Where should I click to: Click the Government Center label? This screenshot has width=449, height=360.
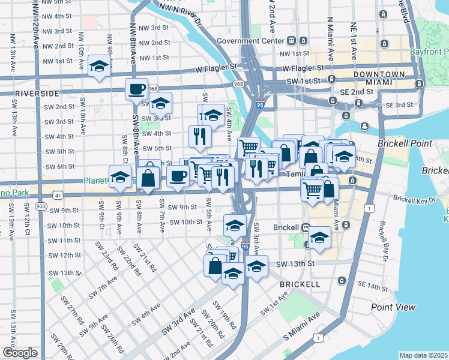click(250, 41)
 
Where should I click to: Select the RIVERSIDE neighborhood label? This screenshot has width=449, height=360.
click(37, 94)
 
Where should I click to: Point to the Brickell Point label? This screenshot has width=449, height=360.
click(401, 144)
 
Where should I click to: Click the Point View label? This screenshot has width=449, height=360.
click(393, 307)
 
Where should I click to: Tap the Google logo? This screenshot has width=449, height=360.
click(20, 353)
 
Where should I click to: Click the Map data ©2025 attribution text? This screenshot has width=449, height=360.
click(423, 355)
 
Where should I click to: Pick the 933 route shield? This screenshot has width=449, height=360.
click(41, 206)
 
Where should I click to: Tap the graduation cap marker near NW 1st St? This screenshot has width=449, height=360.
click(98, 66)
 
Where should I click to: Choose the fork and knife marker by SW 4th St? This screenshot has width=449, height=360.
click(200, 136)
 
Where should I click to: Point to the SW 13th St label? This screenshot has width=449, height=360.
click(295, 263)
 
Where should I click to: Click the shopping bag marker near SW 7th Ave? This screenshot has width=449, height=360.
click(147, 178)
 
